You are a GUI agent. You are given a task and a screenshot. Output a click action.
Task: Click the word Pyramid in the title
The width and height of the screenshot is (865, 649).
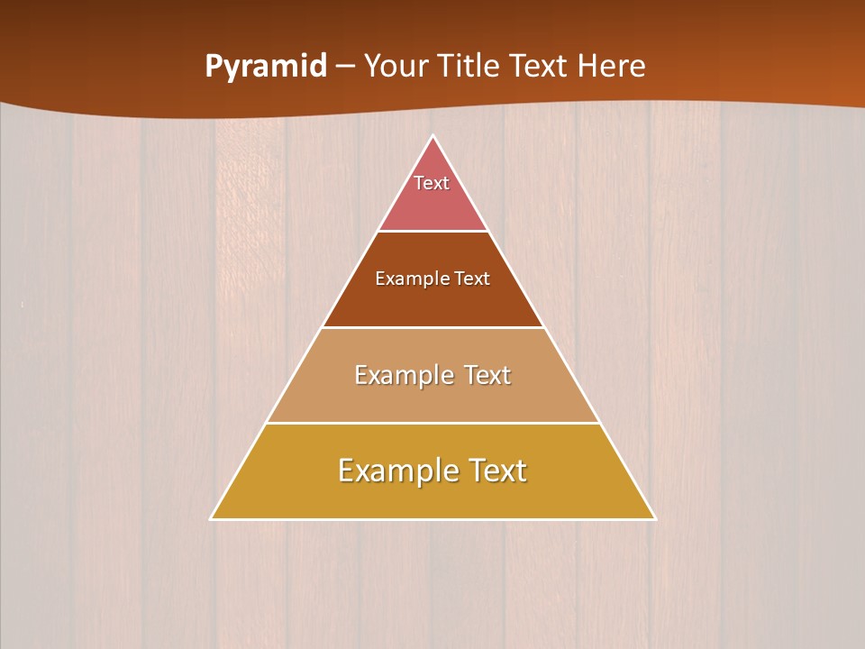[x=266, y=67]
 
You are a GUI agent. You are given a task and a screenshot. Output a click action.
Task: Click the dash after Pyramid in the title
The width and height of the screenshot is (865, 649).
[x=344, y=67]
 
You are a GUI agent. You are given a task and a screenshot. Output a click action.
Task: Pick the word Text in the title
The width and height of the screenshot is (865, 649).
[x=542, y=67]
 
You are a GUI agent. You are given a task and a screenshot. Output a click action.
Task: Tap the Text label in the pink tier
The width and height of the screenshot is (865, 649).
[x=432, y=183]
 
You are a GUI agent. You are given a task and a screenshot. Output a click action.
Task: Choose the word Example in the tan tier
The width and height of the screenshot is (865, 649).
[x=401, y=375]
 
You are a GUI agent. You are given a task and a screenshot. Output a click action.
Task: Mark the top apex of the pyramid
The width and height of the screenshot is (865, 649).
[x=432, y=136]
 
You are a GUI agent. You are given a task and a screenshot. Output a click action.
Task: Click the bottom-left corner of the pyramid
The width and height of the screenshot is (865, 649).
[x=211, y=518]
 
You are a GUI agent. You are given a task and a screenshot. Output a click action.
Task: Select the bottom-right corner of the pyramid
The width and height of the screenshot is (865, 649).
[x=655, y=518]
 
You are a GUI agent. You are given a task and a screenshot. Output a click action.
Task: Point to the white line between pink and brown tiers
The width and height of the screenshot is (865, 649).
[x=432, y=231]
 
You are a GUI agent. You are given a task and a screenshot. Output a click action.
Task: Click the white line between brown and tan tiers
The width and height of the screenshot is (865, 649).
[x=432, y=327]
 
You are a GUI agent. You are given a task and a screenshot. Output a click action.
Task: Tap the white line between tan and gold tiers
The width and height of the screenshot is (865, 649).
[x=432, y=423]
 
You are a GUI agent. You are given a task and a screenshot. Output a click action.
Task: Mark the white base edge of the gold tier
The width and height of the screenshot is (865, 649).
[x=432, y=519]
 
